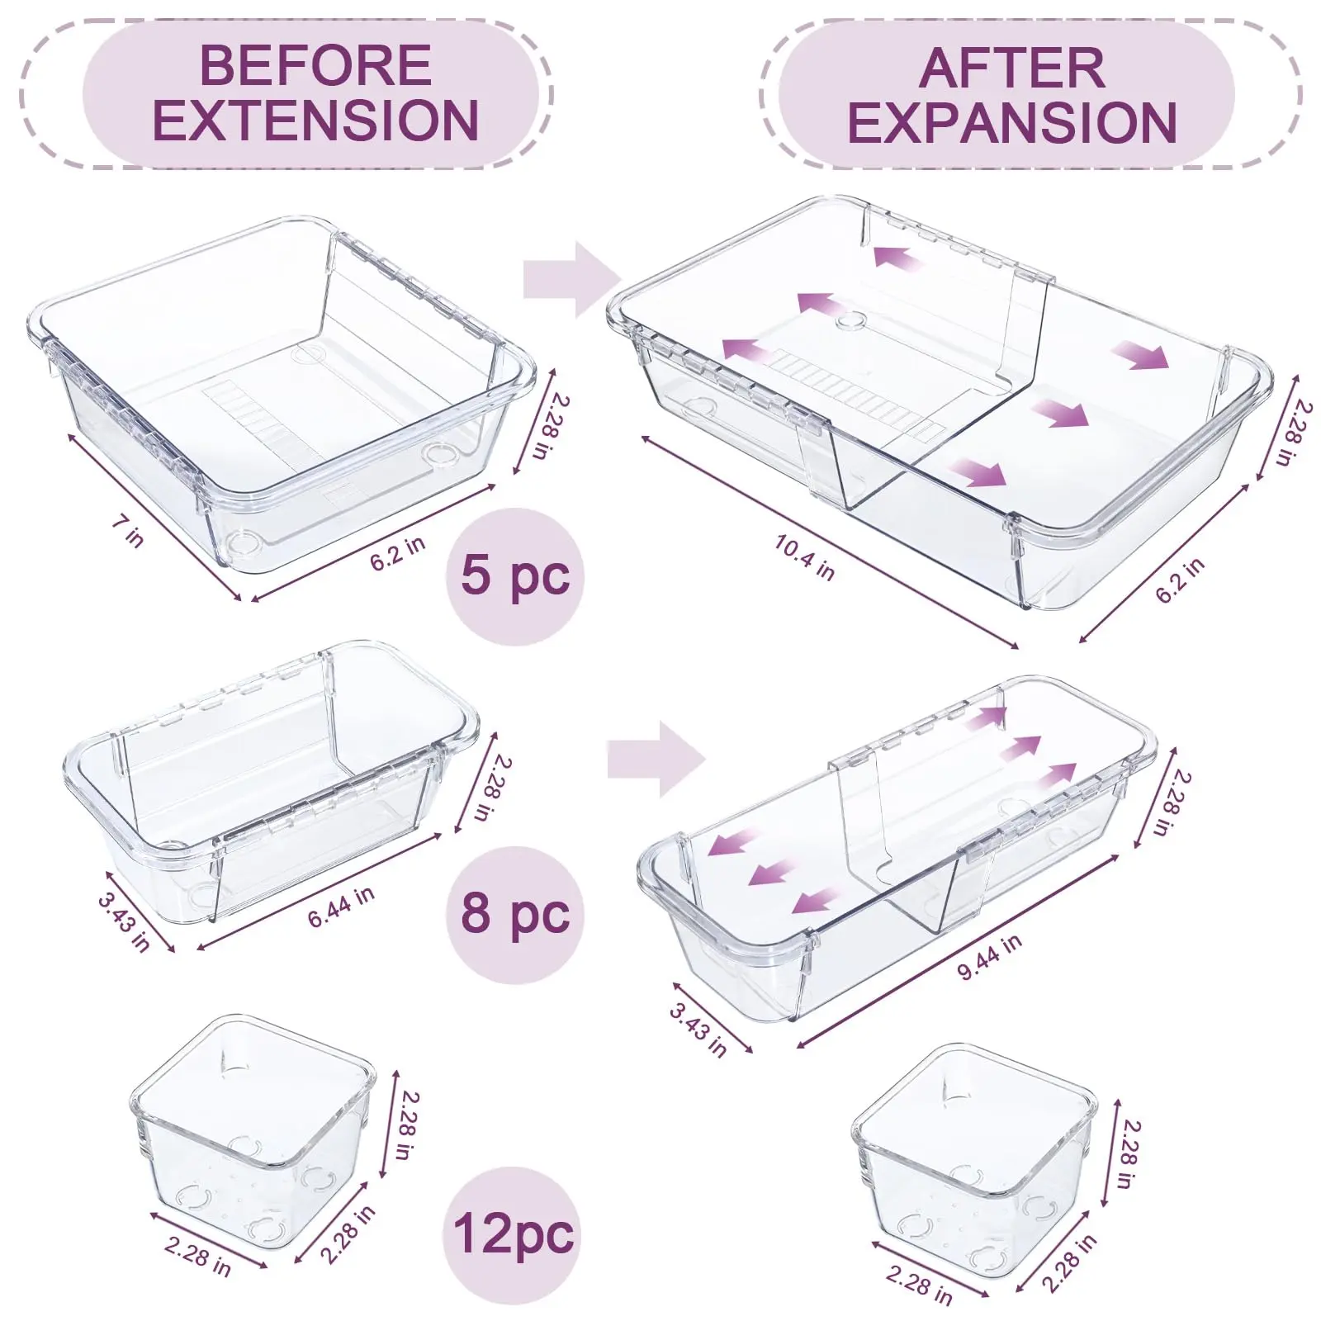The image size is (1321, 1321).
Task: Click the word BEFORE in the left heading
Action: (x=315, y=65)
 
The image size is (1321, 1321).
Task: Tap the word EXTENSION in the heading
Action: (x=315, y=121)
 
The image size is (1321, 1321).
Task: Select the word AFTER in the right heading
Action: (x=1011, y=68)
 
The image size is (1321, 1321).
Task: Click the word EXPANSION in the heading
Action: (x=1012, y=123)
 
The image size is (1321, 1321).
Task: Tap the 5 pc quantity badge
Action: (x=515, y=575)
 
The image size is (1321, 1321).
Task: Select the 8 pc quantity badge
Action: (x=515, y=914)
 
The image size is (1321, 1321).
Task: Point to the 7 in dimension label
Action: (x=128, y=530)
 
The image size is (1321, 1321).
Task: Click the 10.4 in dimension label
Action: (x=804, y=557)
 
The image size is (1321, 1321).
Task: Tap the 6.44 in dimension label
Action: (x=341, y=907)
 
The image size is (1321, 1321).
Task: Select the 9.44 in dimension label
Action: (x=989, y=956)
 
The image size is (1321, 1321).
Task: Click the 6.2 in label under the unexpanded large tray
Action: (x=397, y=552)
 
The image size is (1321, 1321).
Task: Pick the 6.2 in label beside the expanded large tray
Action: (x=1180, y=580)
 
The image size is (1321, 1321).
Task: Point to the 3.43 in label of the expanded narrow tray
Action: (x=698, y=1029)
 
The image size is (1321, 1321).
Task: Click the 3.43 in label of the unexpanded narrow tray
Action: (x=124, y=921)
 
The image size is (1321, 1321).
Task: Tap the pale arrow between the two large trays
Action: (x=572, y=280)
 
